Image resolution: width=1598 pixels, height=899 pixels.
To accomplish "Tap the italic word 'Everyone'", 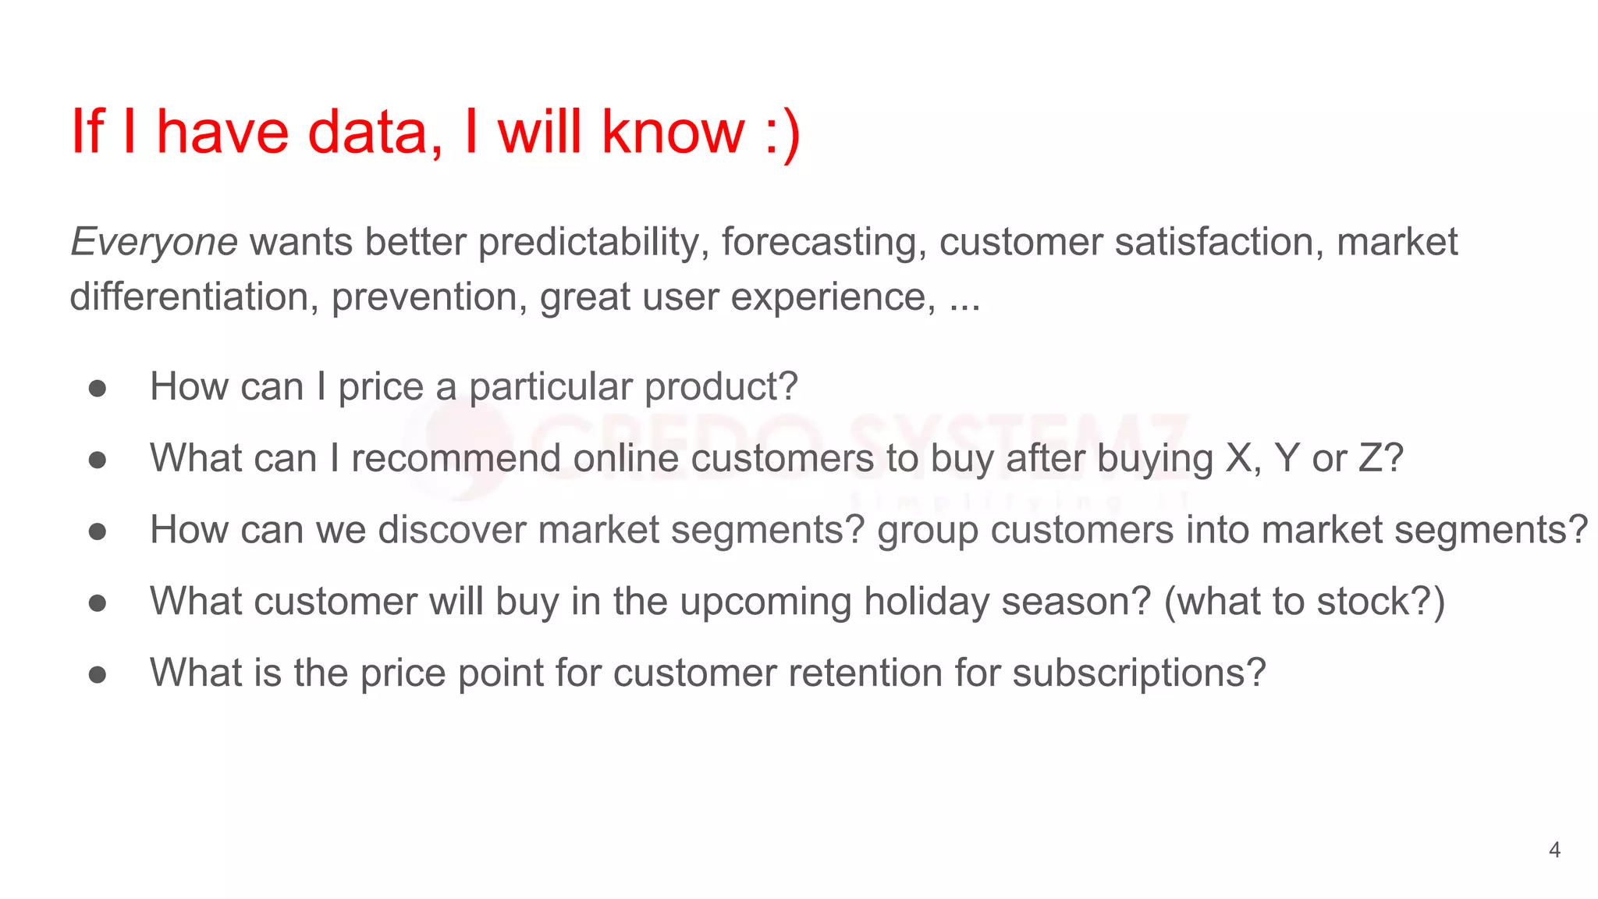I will point(154,243).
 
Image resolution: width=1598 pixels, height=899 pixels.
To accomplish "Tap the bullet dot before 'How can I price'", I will point(98,388).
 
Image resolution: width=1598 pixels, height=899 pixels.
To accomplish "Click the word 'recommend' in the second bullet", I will point(456,458).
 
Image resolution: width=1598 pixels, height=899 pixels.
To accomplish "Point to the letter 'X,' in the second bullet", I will point(1244,458).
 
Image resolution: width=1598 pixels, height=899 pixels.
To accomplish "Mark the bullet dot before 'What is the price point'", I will point(98,674).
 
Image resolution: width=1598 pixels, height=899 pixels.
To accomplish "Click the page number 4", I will point(1554,850).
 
